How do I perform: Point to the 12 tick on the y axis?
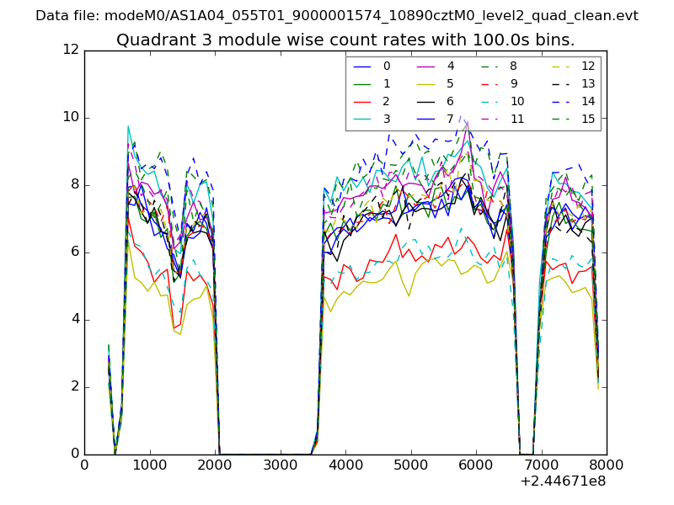pos(72,50)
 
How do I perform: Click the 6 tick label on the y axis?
pos(75,252)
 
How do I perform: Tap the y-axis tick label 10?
pos(72,118)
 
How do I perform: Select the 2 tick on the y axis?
pos(75,387)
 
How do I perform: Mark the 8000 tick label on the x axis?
pos(607,464)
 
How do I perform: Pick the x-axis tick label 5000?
pos(410,464)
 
